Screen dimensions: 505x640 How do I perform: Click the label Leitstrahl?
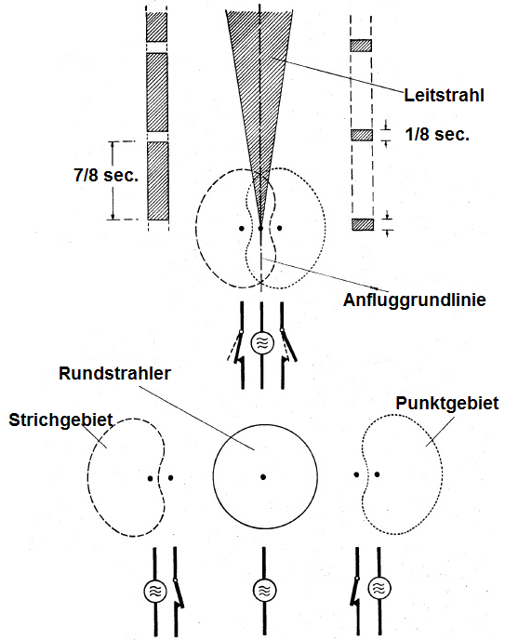click(444, 95)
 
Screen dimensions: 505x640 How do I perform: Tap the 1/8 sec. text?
click(437, 134)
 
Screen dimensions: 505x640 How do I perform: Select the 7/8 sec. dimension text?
click(106, 175)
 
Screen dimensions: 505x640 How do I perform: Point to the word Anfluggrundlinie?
click(415, 300)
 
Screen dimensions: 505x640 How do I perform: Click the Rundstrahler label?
click(114, 373)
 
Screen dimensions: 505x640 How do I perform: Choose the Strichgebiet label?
click(60, 420)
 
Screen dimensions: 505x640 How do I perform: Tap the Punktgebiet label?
click(447, 404)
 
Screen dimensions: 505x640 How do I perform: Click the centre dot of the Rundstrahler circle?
click(263, 476)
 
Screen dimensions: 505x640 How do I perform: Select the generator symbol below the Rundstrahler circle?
click(264, 590)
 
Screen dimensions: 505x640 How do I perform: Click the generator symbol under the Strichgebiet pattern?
click(155, 591)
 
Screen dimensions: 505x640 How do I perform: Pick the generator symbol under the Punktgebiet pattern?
click(379, 589)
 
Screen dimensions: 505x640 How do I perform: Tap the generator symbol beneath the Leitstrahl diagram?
click(262, 343)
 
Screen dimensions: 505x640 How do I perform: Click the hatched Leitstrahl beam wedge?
click(259, 82)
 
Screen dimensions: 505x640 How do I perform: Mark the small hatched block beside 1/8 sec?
click(362, 135)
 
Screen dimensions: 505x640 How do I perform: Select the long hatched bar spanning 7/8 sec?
click(158, 180)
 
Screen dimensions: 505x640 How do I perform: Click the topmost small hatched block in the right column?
click(361, 46)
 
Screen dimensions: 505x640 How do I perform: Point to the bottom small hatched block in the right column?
click(363, 224)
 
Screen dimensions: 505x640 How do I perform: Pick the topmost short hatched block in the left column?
click(156, 27)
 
